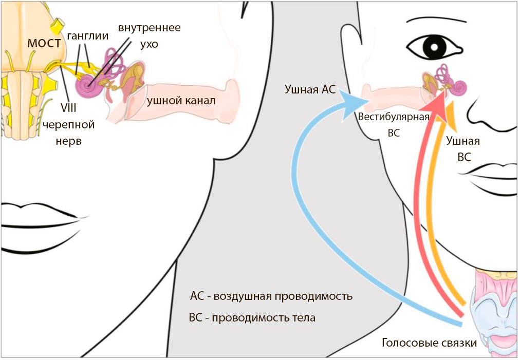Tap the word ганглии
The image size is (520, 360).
click(x=87, y=36)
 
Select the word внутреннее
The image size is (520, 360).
click(x=149, y=27)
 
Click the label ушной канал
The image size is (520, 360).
click(x=181, y=100)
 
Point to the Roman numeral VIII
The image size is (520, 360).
click(x=68, y=108)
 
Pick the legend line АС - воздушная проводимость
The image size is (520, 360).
click(x=271, y=296)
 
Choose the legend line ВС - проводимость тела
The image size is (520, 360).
click(x=252, y=318)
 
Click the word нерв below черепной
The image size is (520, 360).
click(x=68, y=141)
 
